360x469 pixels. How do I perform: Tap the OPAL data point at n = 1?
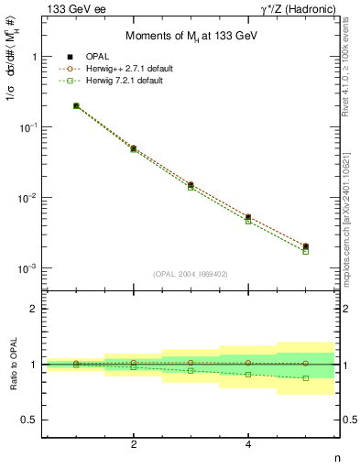point(76,106)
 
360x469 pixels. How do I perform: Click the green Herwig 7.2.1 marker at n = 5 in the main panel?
point(306,251)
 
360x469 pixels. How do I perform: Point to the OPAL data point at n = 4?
point(248,217)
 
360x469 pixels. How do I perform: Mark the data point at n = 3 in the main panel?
point(191,185)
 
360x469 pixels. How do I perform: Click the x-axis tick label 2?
point(134,444)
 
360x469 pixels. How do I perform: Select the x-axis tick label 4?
point(248,444)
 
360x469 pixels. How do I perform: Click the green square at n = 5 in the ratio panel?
point(306,377)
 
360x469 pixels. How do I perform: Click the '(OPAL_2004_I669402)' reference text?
point(191,273)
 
